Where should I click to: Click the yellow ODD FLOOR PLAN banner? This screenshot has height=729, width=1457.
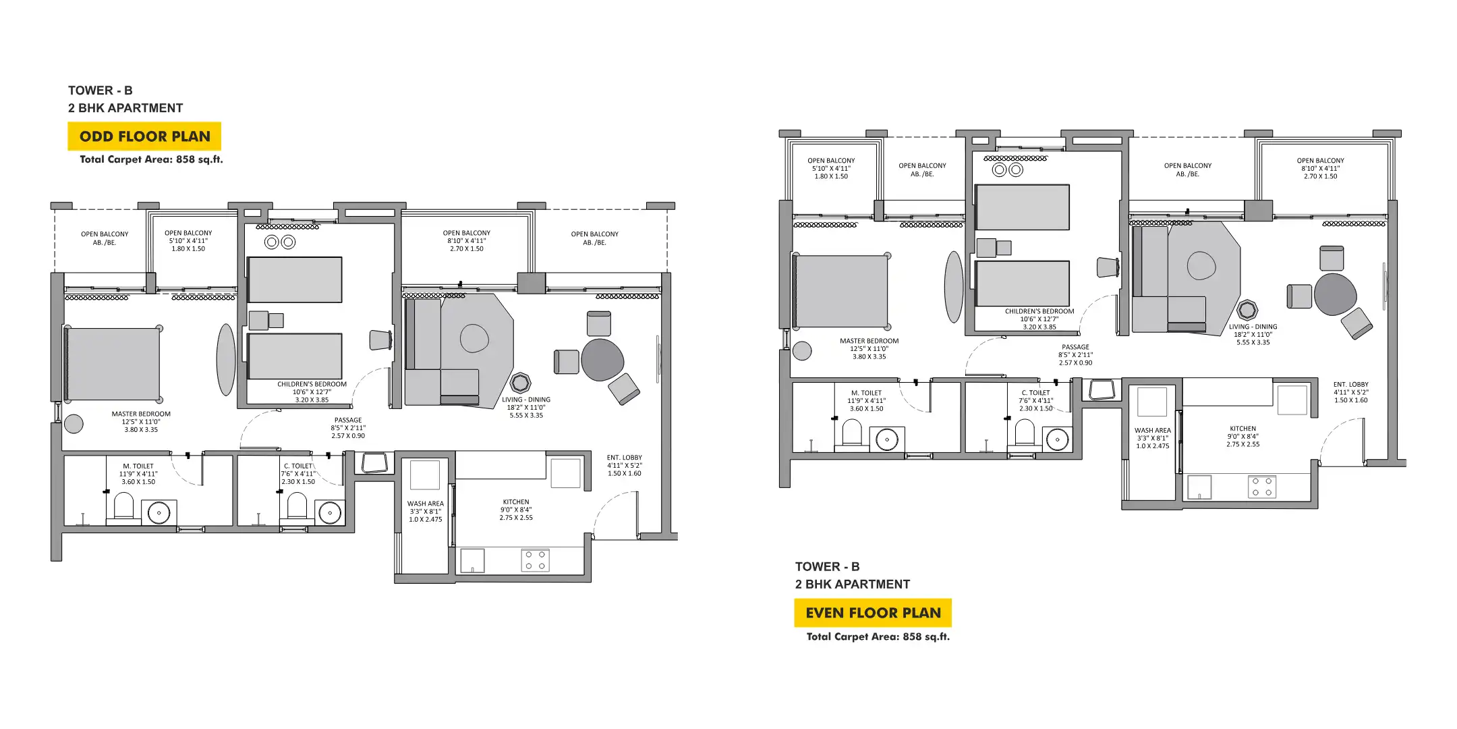pos(144,136)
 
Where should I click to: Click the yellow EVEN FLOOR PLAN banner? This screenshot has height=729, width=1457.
pos(873,613)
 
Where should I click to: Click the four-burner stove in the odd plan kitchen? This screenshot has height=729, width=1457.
pos(535,560)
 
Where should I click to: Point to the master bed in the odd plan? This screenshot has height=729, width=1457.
pos(113,364)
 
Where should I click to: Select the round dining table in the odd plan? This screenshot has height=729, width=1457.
pos(602,359)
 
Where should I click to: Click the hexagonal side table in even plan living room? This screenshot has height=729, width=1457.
pos(1247,310)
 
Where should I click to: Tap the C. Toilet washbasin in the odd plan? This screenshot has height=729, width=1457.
pos(330,513)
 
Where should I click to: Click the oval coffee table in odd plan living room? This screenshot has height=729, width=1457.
pos(474,338)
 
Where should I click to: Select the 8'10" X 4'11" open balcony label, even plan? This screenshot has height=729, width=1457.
pos(1320,168)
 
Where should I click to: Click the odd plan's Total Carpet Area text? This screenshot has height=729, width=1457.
pos(151,159)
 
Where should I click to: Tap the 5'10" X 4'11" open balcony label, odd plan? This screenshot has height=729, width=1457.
pos(188,240)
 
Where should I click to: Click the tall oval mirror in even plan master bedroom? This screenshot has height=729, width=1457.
pos(953,287)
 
